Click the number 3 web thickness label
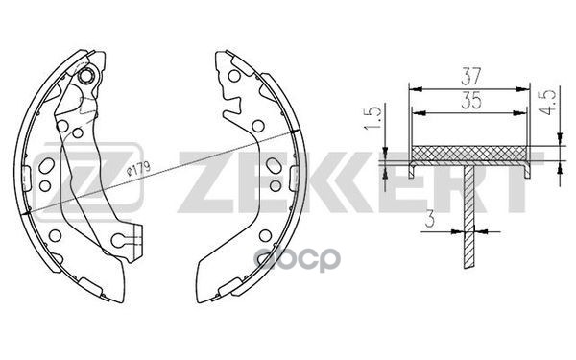pyautogui.click(x=431, y=219)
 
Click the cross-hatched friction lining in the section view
pyautogui.click(x=468, y=154)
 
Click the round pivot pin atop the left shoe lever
pyautogui.click(x=88, y=77)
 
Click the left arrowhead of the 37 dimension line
pyautogui.click(x=413, y=87)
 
